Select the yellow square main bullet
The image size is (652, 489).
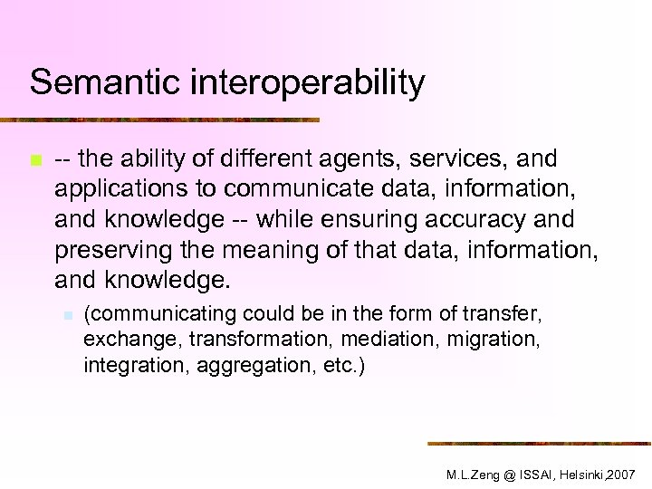(35, 161)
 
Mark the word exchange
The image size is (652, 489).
(121, 340)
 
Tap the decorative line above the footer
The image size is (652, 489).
(539, 443)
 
